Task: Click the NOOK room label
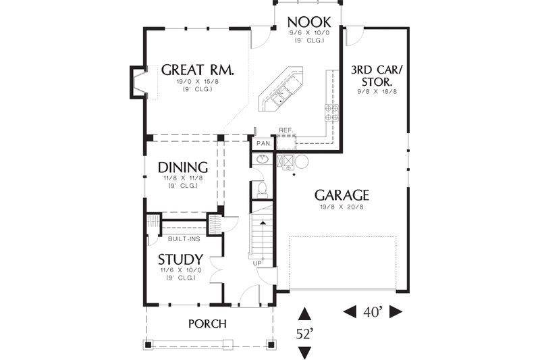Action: pyautogui.click(x=309, y=22)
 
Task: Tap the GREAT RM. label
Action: pyautogui.click(x=198, y=70)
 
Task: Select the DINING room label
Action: pyautogui.click(x=183, y=168)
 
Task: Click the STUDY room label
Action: pyautogui.click(x=180, y=259)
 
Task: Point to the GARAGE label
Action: pyautogui.click(x=342, y=195)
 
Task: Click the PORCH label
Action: pyautogui.click(x=208, y=324)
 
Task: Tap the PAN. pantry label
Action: pyautogui.click(x=264, y=143)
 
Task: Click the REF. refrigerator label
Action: pyautogui.click(x=286, y=130)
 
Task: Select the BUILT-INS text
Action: pyautogui.click(x=184, y=238)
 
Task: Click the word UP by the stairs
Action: pyautogui.click(x=257, y=263)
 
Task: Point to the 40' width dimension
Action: pyautogui.click(x=373, y=312)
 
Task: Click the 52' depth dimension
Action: pyautogui.click(x=304, y=334)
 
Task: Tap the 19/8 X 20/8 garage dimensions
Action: pyautogui.click(x=342, y=207)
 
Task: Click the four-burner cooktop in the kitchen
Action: pyautogui.click(x=331, y=113)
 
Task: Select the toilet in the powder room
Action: pyautogui.click(x=262, y=190)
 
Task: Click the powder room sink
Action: pyautogui.click(x=263, y=159)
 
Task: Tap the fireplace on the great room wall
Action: pyautogui.click(x=138, y=82)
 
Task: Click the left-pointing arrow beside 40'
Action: pyautogui.click(x=350, y=312)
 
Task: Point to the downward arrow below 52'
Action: pyautogui.click(x=304, y=353)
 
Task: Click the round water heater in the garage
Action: pyautogui.click(x=302, y=162)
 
